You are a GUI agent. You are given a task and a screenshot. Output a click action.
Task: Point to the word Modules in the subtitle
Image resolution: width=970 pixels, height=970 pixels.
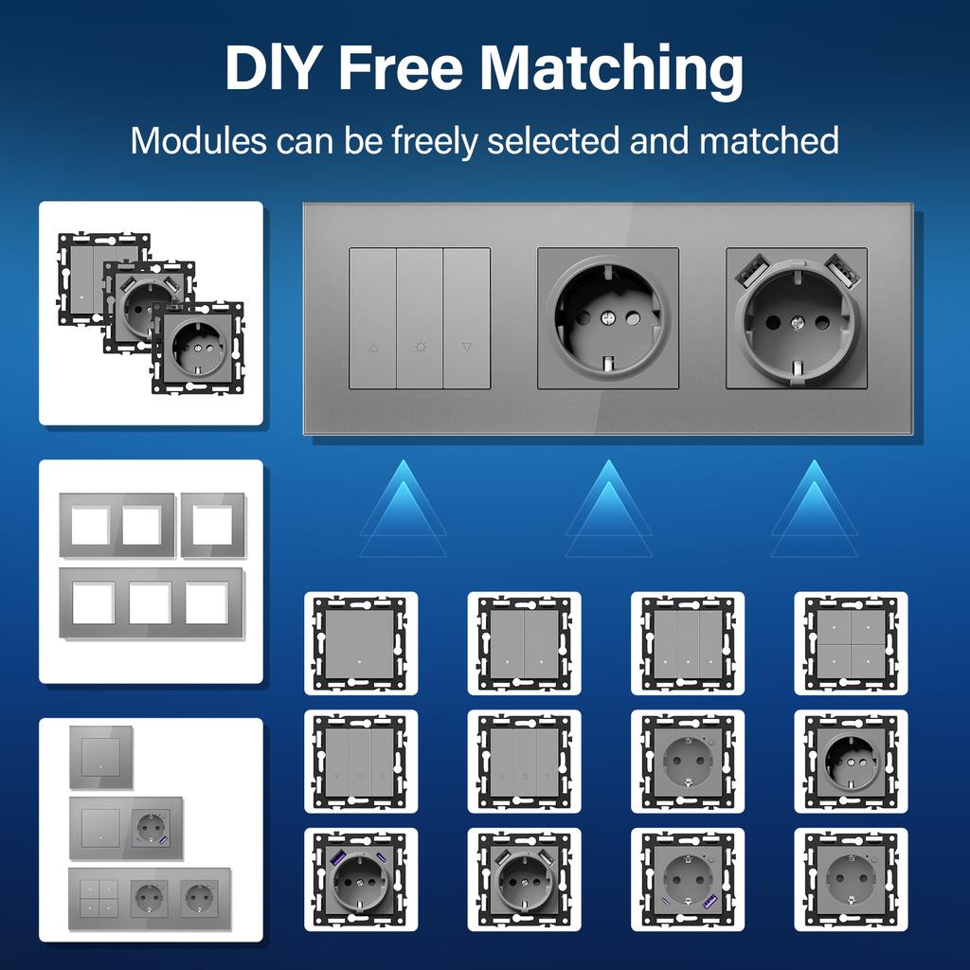point(198,140)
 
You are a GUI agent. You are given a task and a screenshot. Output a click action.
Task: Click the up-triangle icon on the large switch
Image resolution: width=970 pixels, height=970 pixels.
point(372,348)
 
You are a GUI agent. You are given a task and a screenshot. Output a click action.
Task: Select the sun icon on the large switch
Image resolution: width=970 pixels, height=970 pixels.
point(420,348)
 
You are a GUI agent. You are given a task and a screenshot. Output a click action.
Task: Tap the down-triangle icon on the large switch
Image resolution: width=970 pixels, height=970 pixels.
point(467,348)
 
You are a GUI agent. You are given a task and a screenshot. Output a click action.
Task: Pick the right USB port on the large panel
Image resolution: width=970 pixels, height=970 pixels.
point(844,273)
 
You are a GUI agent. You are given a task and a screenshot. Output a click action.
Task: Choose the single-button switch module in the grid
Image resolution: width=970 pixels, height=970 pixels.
point(360,642)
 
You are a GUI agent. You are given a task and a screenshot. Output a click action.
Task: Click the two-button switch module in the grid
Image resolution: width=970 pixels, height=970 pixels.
point(524,642)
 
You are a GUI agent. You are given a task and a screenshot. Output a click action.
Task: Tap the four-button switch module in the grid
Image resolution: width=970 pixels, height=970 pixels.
point(850,642)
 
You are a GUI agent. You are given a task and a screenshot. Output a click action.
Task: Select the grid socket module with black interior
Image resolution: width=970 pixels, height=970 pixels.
point(850,761)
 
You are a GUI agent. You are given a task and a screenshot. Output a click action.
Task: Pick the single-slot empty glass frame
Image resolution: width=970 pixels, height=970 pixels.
point(212,525)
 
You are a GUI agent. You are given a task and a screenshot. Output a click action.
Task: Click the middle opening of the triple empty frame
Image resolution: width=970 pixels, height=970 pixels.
point(151,602)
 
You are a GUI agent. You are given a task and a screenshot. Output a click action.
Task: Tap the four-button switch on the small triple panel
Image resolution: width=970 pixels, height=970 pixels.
point(99,894)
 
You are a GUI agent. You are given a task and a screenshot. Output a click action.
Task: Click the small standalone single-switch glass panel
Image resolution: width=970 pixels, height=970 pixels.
point(99,757)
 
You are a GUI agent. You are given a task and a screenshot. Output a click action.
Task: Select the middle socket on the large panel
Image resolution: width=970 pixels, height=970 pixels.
point(607,318)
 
